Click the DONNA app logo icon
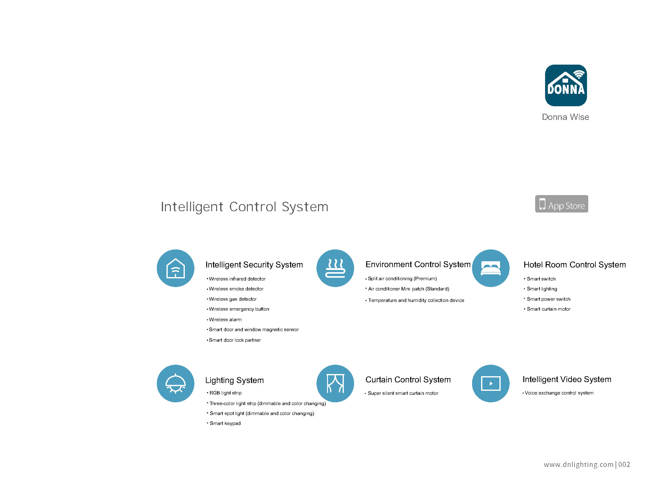coord(566,85)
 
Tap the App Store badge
coord(561,204)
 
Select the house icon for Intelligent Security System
coord(175,268)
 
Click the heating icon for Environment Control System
coord(335,268)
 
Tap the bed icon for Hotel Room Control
coord(491,268)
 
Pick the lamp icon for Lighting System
coord(175,383)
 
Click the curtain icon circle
coord(335,383)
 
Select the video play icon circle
coord(491,383)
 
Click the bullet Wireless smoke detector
coord(235,289)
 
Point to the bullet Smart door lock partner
coord(234,340)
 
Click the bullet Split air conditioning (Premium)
coord(401,279)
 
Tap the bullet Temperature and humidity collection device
coord(415,300)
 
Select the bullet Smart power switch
coord(547,299)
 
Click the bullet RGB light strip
coord(224,393)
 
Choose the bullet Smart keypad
coord(224,423)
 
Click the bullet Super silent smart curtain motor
coord(401,393)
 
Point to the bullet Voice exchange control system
coord(558,393)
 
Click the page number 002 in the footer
coord(624,465)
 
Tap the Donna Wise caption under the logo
coord(565,117)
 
